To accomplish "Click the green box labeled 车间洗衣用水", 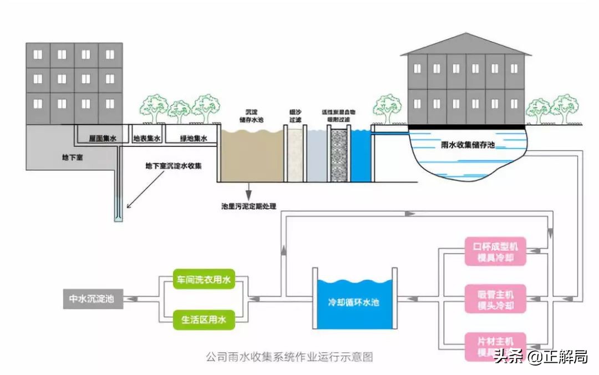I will click(x=204, y=281).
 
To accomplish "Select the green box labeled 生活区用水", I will click(x=204, y=320).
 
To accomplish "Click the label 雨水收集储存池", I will click(x=464, y=145).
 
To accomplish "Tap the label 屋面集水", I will click(x=103, y=139).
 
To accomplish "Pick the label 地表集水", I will click(x=147, y=139).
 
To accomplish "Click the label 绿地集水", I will click(x=194, y=139).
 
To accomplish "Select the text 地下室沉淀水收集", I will click(x=173, y=166).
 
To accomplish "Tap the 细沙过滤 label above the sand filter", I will click(x=295, y=115).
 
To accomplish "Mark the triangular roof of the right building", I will click(x=465, y=44).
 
